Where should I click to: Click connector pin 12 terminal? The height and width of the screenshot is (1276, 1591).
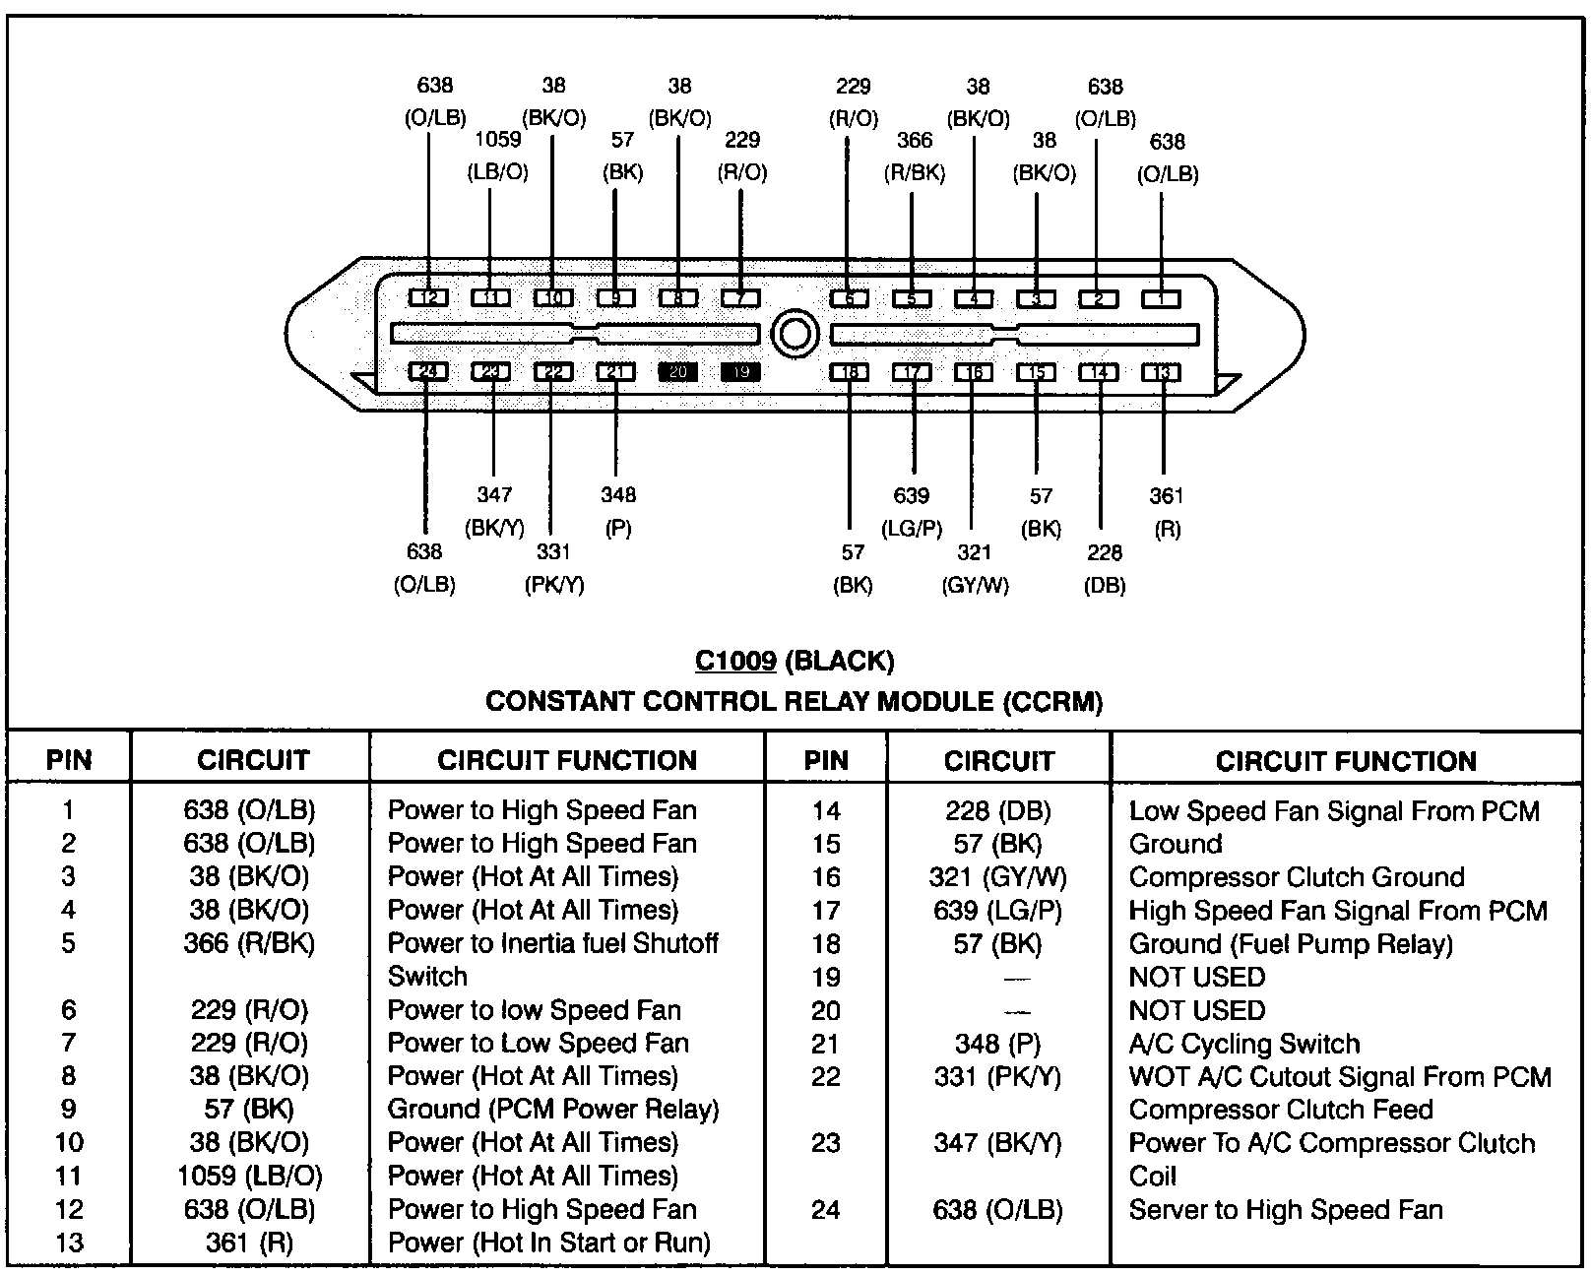pyautogui.click(x=428, y=297)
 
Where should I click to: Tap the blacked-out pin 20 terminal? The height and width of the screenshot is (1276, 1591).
pyautogui.click(x=678, y=372)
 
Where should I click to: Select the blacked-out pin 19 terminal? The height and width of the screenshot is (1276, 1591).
pyautogui.click(x=740, y=372)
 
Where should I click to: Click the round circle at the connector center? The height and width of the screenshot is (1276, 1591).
pyautogui.click(x=794, y=334)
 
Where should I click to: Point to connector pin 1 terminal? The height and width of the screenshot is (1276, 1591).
pyautogui.click(x=1161, y=297)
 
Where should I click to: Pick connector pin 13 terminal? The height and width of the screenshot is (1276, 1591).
pyautogui.click(x=1162, y=372)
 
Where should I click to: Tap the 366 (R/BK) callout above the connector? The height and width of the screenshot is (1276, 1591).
pyautogui.click(x=915, y=156)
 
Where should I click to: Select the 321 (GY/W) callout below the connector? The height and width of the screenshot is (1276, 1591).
pyautogui.click(x=975, y=568)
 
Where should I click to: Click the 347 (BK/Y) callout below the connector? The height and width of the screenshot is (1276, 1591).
pyautogui.click(x=494, y=511)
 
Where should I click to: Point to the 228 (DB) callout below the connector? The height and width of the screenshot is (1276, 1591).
pyautogui.click(x=1105, y=568)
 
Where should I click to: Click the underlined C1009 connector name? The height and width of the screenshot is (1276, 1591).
pyautogui.click(x=735, y=660)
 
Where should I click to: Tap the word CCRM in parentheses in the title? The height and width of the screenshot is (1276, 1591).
pyautogui.click(x=1052, y=701)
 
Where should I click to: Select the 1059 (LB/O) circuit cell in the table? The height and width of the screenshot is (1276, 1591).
pyautogui.click(x=250, y=1176)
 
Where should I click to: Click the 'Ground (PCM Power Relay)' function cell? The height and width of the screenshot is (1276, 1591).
pyautogui.click(x=553, y=1110)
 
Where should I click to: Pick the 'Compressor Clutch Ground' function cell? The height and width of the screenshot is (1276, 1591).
pyautogui.click(x=1297, y=876)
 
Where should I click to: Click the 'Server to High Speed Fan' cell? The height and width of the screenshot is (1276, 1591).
pyautogui.click(x=1286, y=1209)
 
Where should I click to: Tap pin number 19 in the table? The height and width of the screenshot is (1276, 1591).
pyautogui.click(x=826, y=977)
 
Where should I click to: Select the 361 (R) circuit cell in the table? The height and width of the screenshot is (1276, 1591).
pyautogui.click(x=250, y=1243)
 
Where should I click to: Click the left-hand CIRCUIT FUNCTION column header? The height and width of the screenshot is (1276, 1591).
pyautogui.click(x=567, y=760)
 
